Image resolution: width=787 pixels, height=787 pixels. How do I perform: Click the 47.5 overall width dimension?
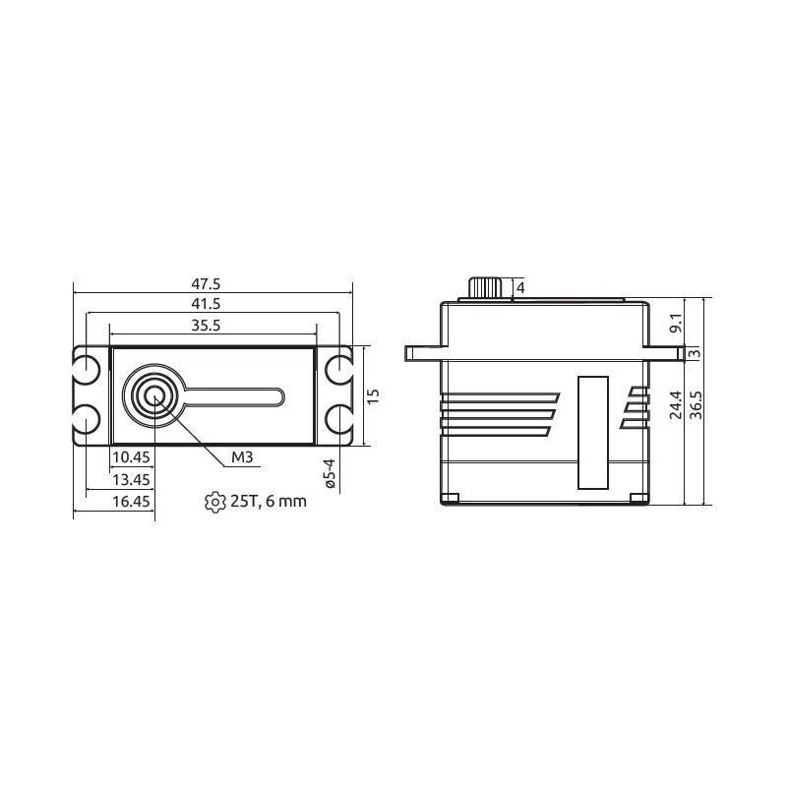(206, 284)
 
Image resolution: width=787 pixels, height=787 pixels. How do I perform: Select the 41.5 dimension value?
(206, 304)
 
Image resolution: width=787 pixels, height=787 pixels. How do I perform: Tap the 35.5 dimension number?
(206, 326)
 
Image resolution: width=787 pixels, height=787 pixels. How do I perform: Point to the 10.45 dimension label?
(131, 457)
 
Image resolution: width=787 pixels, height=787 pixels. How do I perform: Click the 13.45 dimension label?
(131, 480)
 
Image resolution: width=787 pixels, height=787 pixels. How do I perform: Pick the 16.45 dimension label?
(131, 502)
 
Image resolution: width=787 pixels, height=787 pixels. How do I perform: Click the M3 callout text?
(242, 457)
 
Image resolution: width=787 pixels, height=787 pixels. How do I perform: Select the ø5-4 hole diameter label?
(330, 473)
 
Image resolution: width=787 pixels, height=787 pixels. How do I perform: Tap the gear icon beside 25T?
(215, 502)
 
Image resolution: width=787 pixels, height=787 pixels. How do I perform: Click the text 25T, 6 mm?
(269, 502)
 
